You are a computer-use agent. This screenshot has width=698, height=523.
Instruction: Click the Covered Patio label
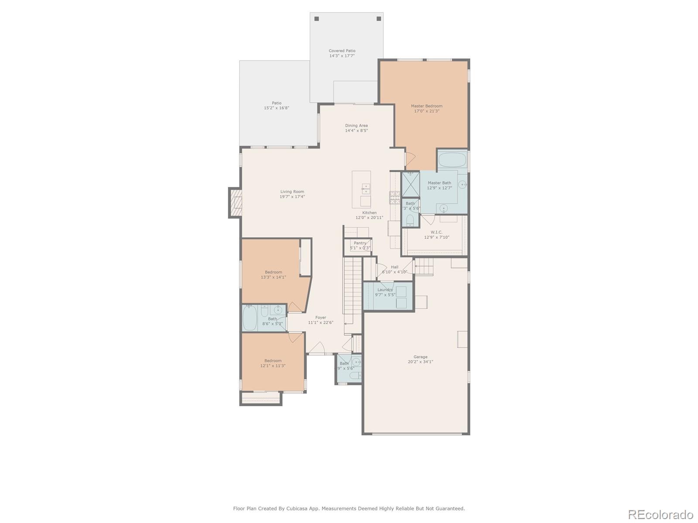pos(342,51)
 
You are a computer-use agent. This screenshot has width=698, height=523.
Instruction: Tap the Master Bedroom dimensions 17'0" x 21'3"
pos(427,111)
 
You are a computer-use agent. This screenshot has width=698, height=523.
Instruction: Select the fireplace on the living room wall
pos(236,203)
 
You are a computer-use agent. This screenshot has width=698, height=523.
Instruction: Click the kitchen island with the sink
pos(362,189)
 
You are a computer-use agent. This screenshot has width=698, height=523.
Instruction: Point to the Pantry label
pos(360,243)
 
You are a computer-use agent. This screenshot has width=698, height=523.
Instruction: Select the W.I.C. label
pos(436,232)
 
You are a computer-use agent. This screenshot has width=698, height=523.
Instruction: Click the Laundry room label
pos(385,290)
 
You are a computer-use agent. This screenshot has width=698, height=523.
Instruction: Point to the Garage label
pos(421,357)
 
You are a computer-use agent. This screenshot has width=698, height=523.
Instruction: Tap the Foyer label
pos(321,318)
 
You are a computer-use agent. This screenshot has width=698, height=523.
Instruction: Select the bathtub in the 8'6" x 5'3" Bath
pos(250,318)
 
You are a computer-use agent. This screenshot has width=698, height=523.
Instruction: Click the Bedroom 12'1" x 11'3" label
pos(273,361)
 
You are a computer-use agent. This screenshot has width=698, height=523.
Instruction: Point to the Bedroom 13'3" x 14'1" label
pos(274,272)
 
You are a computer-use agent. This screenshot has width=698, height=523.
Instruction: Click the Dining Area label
pos(356,126)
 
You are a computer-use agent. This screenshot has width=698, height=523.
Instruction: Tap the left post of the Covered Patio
pos(317,19)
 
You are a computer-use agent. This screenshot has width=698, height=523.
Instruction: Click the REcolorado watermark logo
pos(660,515)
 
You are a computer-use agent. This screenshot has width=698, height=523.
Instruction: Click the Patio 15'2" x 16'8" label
pos(277,103)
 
